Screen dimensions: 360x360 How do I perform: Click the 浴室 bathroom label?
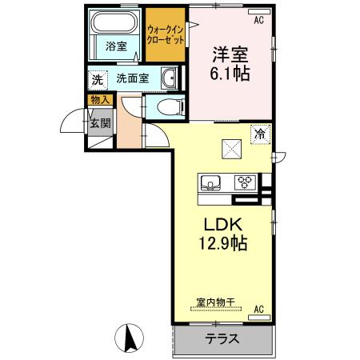point(116,46)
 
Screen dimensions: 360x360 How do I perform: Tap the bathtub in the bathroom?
point(114,24)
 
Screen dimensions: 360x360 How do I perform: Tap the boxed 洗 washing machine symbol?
point(97,79)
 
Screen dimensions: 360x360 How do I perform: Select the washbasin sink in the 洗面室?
point(169,78)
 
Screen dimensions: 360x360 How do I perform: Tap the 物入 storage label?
point(98,100)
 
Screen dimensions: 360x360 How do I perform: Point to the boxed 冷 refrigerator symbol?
point(261,134)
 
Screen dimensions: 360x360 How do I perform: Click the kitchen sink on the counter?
point(210,182)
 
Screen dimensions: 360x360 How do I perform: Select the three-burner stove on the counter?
point(244,182)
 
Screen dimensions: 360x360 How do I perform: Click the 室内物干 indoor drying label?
point(215,302)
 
